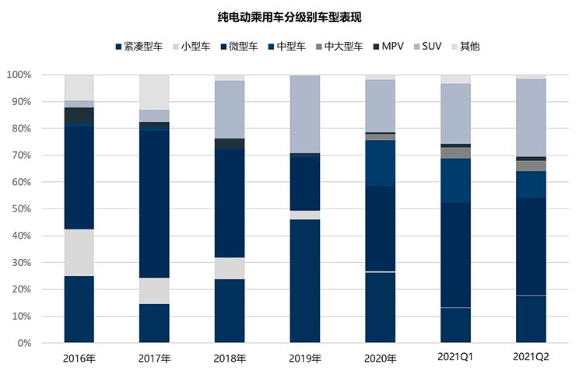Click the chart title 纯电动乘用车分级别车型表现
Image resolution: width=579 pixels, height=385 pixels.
coord(289,16)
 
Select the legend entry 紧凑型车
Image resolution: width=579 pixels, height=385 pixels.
coord(140,47)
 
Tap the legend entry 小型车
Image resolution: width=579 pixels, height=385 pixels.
coord(195,47)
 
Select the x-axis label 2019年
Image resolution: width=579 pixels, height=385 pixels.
coord(305,359)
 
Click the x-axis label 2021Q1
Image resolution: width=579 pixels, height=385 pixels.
coord(455,359)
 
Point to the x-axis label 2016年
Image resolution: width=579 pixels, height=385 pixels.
coord(79,359)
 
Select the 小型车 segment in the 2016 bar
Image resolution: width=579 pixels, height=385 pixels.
coord(79,253)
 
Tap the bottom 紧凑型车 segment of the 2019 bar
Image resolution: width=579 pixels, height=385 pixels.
coord(305,281)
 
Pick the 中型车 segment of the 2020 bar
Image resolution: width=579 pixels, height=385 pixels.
coord(381,164)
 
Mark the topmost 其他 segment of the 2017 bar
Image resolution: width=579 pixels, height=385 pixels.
coord(154,92)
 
